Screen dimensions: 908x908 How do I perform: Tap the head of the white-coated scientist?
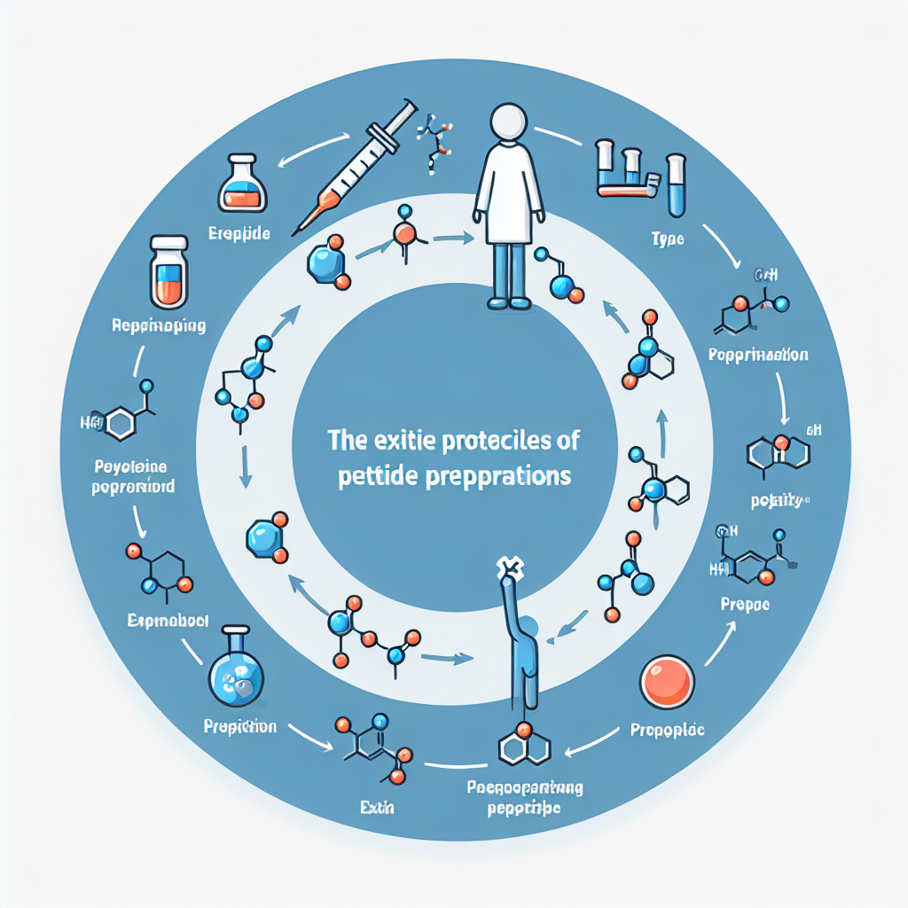click(x=508, y=123)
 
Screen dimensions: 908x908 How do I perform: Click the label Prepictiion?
click(x=239, y=726)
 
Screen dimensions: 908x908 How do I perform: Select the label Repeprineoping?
click(x=160, y=325)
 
